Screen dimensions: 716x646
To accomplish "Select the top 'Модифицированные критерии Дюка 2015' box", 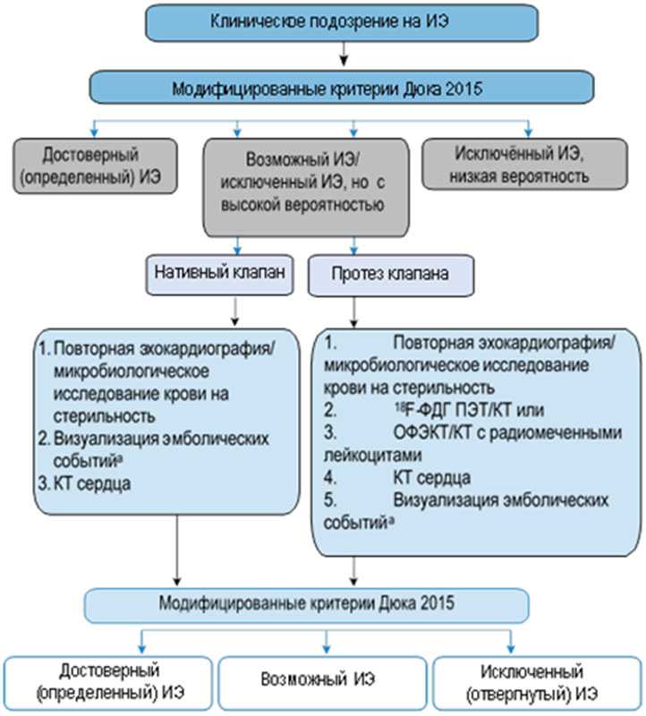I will [340, 88].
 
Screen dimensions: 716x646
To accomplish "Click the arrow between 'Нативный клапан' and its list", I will [234, 310].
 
